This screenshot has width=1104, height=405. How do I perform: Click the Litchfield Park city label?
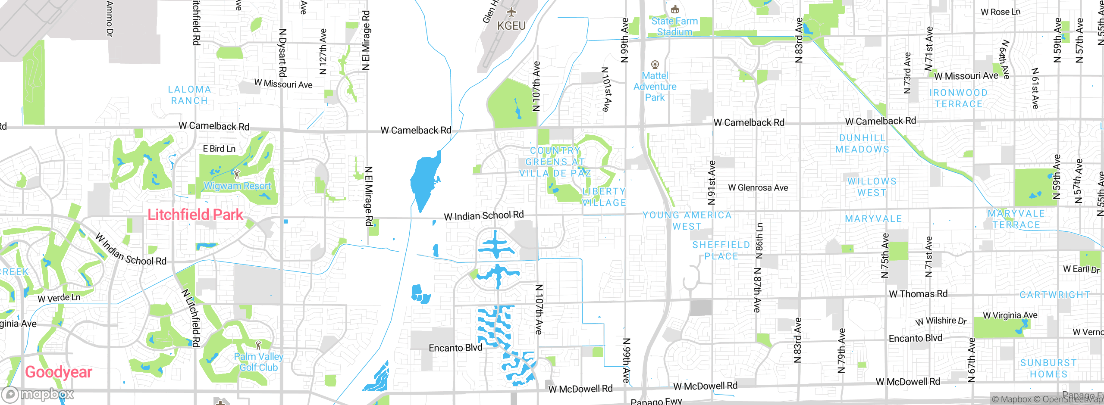(x=195, y=215)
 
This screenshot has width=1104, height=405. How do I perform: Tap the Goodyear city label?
(x=59, y=372)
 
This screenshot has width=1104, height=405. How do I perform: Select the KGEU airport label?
(x=511, y=26)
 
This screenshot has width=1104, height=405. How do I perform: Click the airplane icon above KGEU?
(x=511, y=12)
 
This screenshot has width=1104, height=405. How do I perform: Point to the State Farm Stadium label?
(x=674, y=26)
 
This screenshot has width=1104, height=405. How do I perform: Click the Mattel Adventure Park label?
(x=655, y=87)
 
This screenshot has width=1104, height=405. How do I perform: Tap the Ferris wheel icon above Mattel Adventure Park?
(x=655, y=65)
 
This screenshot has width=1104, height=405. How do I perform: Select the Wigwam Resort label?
(x=237, y=186)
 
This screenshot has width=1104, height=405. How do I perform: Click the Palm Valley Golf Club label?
(x=258, y=362)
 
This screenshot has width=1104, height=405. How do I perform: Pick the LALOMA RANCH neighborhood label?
(x=190, y=95)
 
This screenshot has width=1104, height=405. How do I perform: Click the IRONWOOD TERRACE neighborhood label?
(x=958, y=98)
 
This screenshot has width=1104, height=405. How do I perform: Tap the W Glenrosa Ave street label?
(x=758, y=187)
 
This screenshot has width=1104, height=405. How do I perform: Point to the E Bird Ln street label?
(x=219, y=149)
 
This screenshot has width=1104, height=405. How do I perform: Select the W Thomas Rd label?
(x=918, y=294)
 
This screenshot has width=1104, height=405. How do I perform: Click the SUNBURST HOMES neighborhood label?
(x=1048, y=368)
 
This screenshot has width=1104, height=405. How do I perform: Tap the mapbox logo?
(x=38, y=394)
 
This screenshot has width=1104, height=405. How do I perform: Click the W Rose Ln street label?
(x=1000, y=12)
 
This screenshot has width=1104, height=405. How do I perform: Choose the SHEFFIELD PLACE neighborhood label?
(x=721, y=250)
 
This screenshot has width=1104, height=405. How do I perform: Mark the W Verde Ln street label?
(x=59, y=298)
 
